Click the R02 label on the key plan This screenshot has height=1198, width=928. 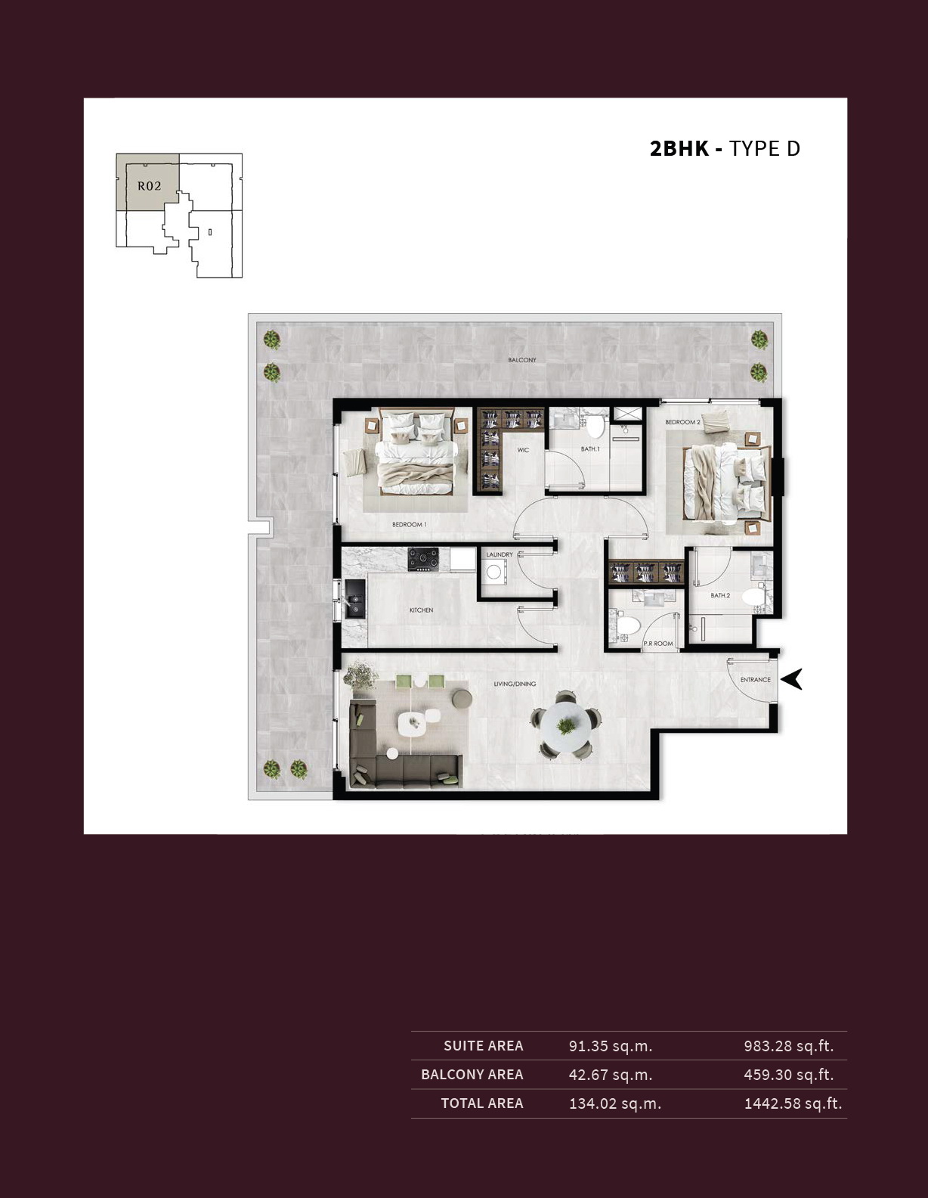click(x=150, y=186)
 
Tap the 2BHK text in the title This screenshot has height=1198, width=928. click(x=679, y=149)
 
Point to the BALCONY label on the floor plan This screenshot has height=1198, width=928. click(x=521, y=360)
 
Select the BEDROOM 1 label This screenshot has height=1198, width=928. click(x=409, y=524)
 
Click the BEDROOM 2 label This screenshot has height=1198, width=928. click(x=682, y=422)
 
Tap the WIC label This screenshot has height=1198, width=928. click(x=523, y=450)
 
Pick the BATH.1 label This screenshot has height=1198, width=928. click(x=590, y=448)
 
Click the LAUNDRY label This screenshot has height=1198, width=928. click(x=500, y=554)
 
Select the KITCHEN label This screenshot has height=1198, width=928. click(x=422, y=610)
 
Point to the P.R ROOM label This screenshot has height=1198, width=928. click(x=658, y=644)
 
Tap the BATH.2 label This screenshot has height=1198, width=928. click(x=720, y=595)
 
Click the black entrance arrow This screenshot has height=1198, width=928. click(x=792, y=679)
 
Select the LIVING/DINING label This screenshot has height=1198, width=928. click(x=515, y=684)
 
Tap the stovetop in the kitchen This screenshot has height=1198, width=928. click(x=423, y=558)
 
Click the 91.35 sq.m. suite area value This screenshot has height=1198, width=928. click(x=610, y=1046)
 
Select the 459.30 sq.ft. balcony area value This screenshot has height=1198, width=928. click(x=789, y=1075)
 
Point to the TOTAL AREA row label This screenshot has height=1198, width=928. click(x=482, y=1103)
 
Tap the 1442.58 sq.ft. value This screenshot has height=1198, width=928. click(x=793, y=1103)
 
